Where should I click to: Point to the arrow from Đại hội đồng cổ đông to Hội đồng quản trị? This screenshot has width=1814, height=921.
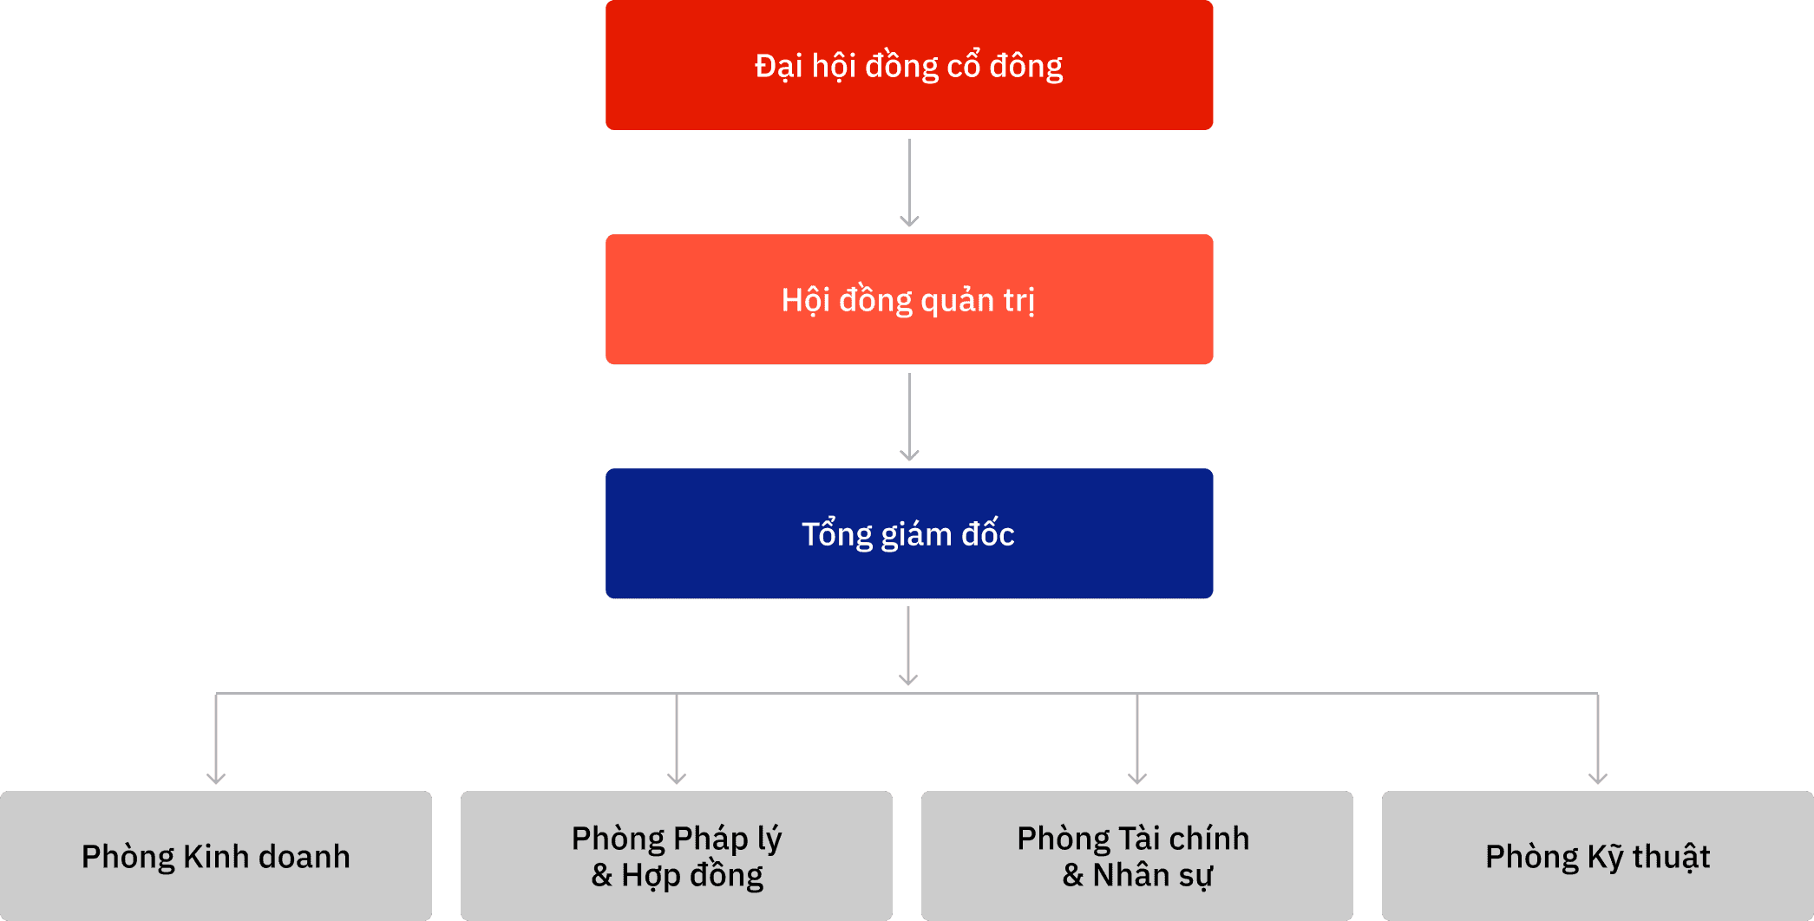pyautogui.click(x=909, y=182)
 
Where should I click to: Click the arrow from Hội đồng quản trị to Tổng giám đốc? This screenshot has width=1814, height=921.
pyautogui.click(x=909, y=416)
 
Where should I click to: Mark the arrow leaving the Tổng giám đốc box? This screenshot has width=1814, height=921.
pyautogui.click(x=908, y=646)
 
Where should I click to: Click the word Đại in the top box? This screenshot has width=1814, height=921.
pyautogui.click(x=778, y=67)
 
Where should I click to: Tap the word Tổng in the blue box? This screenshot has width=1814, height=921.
pyautogui.click(x=837, y=535)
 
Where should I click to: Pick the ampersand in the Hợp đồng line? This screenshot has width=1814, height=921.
pyautogui.click(x=601, y=875)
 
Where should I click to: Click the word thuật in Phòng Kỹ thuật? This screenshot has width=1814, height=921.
pyautogui.click(x=1671, y=857)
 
